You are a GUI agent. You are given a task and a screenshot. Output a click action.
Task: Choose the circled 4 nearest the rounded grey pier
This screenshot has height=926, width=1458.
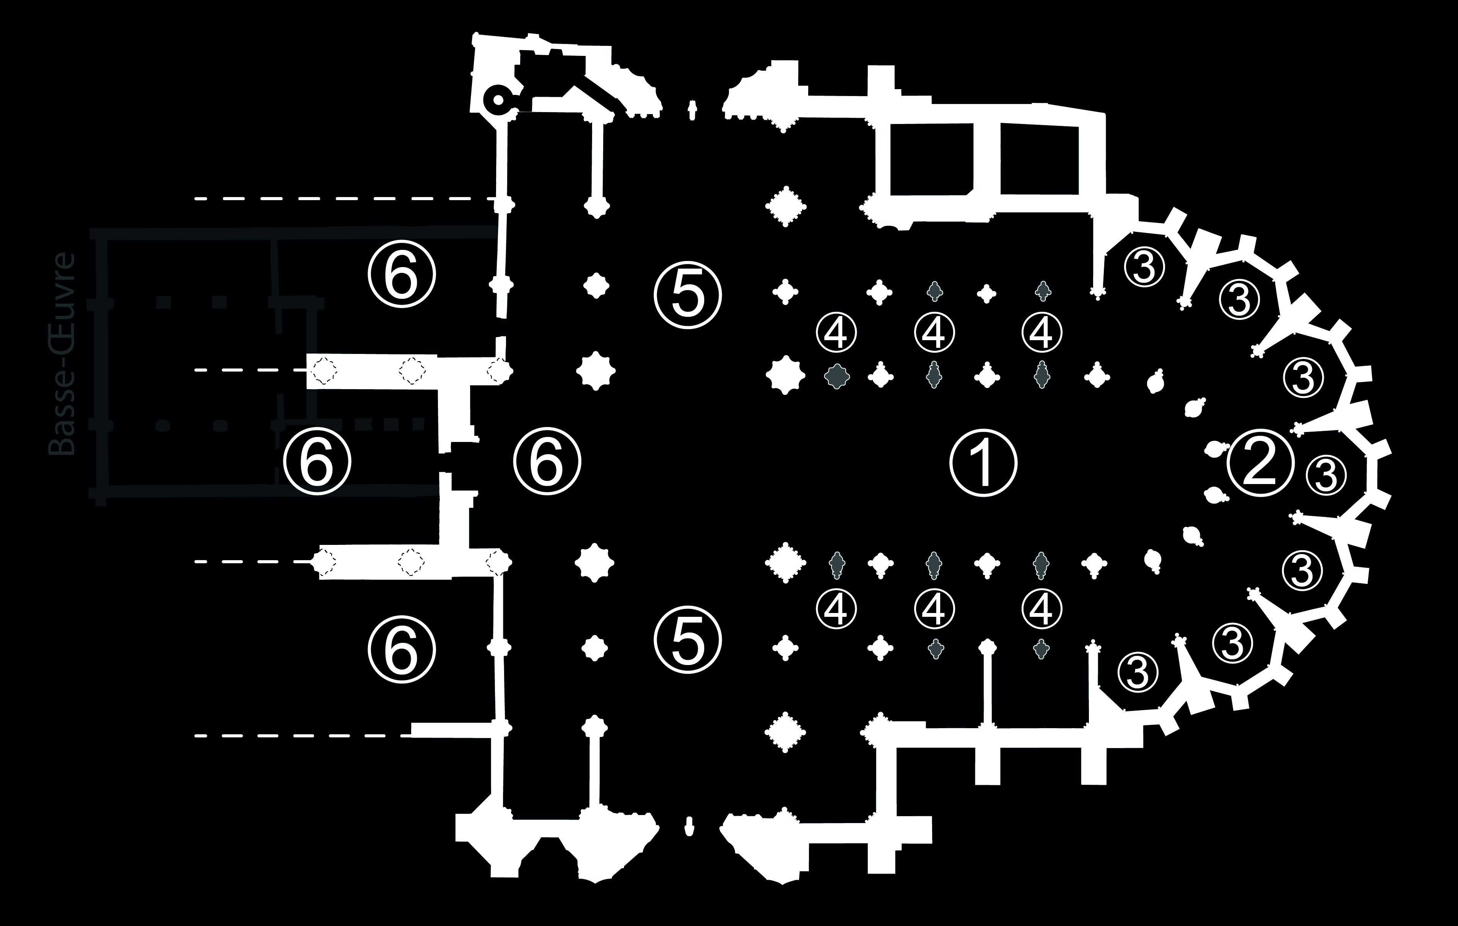tap(836, 331)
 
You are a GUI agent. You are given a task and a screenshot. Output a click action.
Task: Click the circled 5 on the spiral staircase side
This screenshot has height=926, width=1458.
tap(688, 294)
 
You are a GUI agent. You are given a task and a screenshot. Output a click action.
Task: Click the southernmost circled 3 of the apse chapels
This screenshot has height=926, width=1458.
tap(1138, 672)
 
